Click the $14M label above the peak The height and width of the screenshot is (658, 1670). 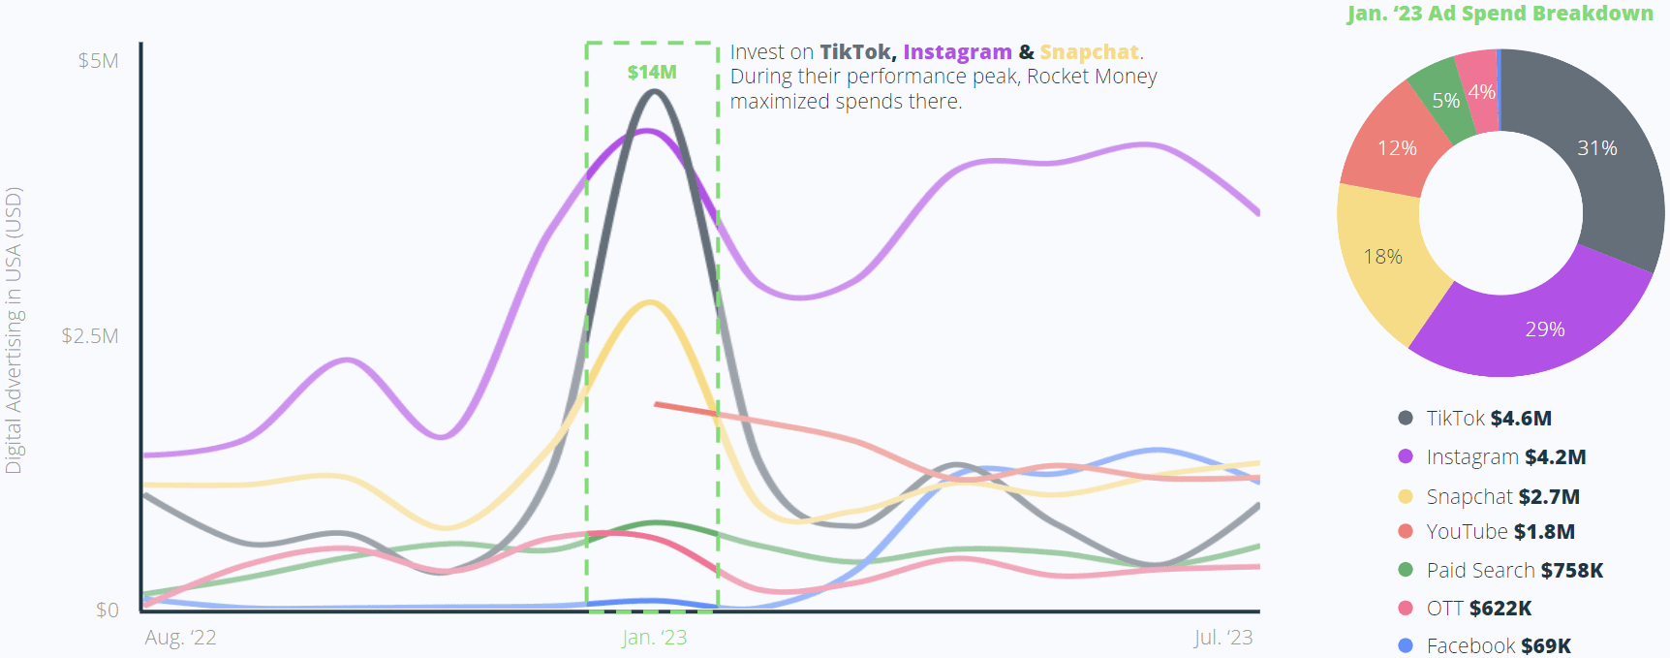pyautogui.click(x=651, y=73)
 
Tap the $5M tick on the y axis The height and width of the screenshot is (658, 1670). pyautogui.click(x=98, y=61)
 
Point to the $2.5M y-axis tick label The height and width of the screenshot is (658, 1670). pyautogui.click(x=90, y=336)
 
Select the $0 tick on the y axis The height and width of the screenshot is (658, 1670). pyautogui.click(x=107, y=610)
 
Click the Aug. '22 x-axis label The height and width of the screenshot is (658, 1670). pyautogui.click(x=180, y=638)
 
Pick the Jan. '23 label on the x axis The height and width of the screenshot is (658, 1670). pyautogui.click(x=654, y=638)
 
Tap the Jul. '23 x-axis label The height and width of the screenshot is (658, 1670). pyautogui.click(x=1222, y=638)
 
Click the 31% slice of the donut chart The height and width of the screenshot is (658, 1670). pyautogui.click(x=1597, y=148)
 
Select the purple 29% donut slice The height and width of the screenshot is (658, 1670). pyautogui.click(x=1544, y=329)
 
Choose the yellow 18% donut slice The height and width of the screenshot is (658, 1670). pyautogui.click(x=1382, y=257)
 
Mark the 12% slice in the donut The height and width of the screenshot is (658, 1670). pyautogui.click(x=1397, y=148)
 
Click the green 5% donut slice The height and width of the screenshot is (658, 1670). pyautogui.click(x=1444, y=100)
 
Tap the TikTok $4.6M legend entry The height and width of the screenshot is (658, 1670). pyautogui.click(x=1488, y=419)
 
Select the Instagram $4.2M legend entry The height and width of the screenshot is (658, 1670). pyautogui.click(x=1505, y=457)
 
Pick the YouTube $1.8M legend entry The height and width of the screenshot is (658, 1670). pyautogui.click(x=1500, y=532)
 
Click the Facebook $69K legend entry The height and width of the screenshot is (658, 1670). pyautogui.click(x=1498, y=645)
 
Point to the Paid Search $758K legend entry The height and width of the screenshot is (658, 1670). pyautogui.click(x=1514, y=571)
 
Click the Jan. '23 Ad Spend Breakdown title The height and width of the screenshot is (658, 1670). pyautogui.click(x=1500, y=14)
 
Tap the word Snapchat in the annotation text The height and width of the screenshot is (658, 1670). pyautogui.click(x=1089, y=52)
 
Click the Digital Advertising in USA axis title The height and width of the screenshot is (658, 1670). pyautogui.click(x=14, y=330)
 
